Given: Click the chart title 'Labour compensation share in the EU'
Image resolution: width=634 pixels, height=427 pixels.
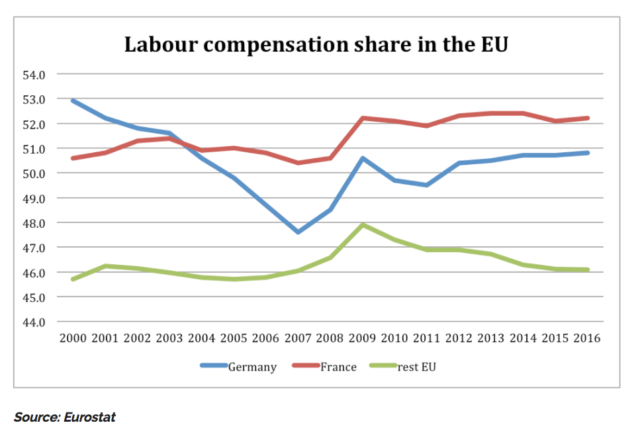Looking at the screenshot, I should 316,44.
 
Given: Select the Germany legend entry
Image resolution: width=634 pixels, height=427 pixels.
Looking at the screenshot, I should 252,367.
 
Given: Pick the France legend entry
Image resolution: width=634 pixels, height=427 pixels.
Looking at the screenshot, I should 338,367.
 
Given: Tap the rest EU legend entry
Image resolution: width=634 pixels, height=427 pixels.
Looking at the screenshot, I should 417,367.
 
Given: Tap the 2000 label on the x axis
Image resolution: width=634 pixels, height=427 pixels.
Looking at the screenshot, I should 73,338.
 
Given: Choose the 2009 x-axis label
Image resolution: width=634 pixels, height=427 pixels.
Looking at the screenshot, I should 363,338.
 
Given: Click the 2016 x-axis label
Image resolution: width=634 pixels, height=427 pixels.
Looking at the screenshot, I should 586,338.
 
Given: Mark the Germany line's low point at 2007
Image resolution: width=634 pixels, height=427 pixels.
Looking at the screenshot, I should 298,232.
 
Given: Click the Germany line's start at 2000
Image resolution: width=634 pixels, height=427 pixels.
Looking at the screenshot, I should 73,101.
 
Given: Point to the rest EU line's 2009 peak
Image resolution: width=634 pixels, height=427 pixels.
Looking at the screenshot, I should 363,225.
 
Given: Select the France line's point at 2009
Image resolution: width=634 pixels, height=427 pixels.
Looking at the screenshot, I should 363,118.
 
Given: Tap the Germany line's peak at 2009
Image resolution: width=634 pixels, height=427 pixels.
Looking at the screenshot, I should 363,158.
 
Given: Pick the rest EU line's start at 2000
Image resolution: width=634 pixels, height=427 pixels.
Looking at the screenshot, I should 73,279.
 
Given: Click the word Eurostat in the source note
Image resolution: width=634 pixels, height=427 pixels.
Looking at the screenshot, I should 90,417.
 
